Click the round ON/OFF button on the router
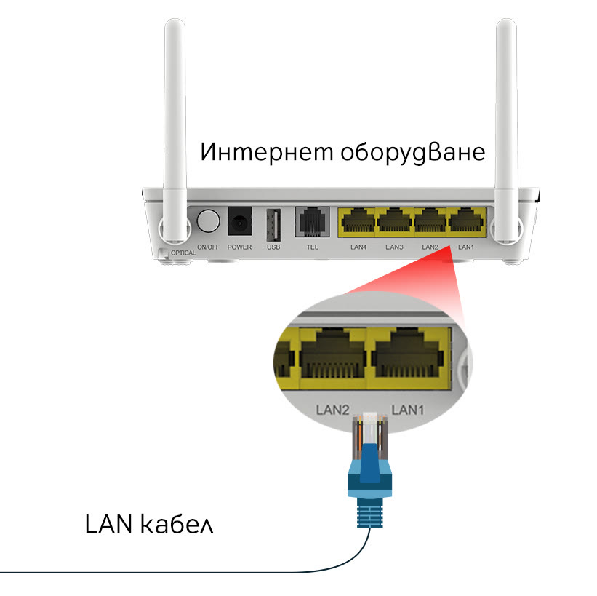pyautogui.click(x=208, y=220)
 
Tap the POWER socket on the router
pyautogui.click(x=239, y=221)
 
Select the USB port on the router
pyautogui.click(x=273, y=223)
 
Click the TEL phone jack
pyautogui.click(x=312, y=221)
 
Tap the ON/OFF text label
pyautogui.click(x=208, y=247)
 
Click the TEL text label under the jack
pyautogui.click(x=312, y=247)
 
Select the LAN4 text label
pyautogui.click(x=358, y=247)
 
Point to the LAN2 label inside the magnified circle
pyautogui.click(x=334, y=409)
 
